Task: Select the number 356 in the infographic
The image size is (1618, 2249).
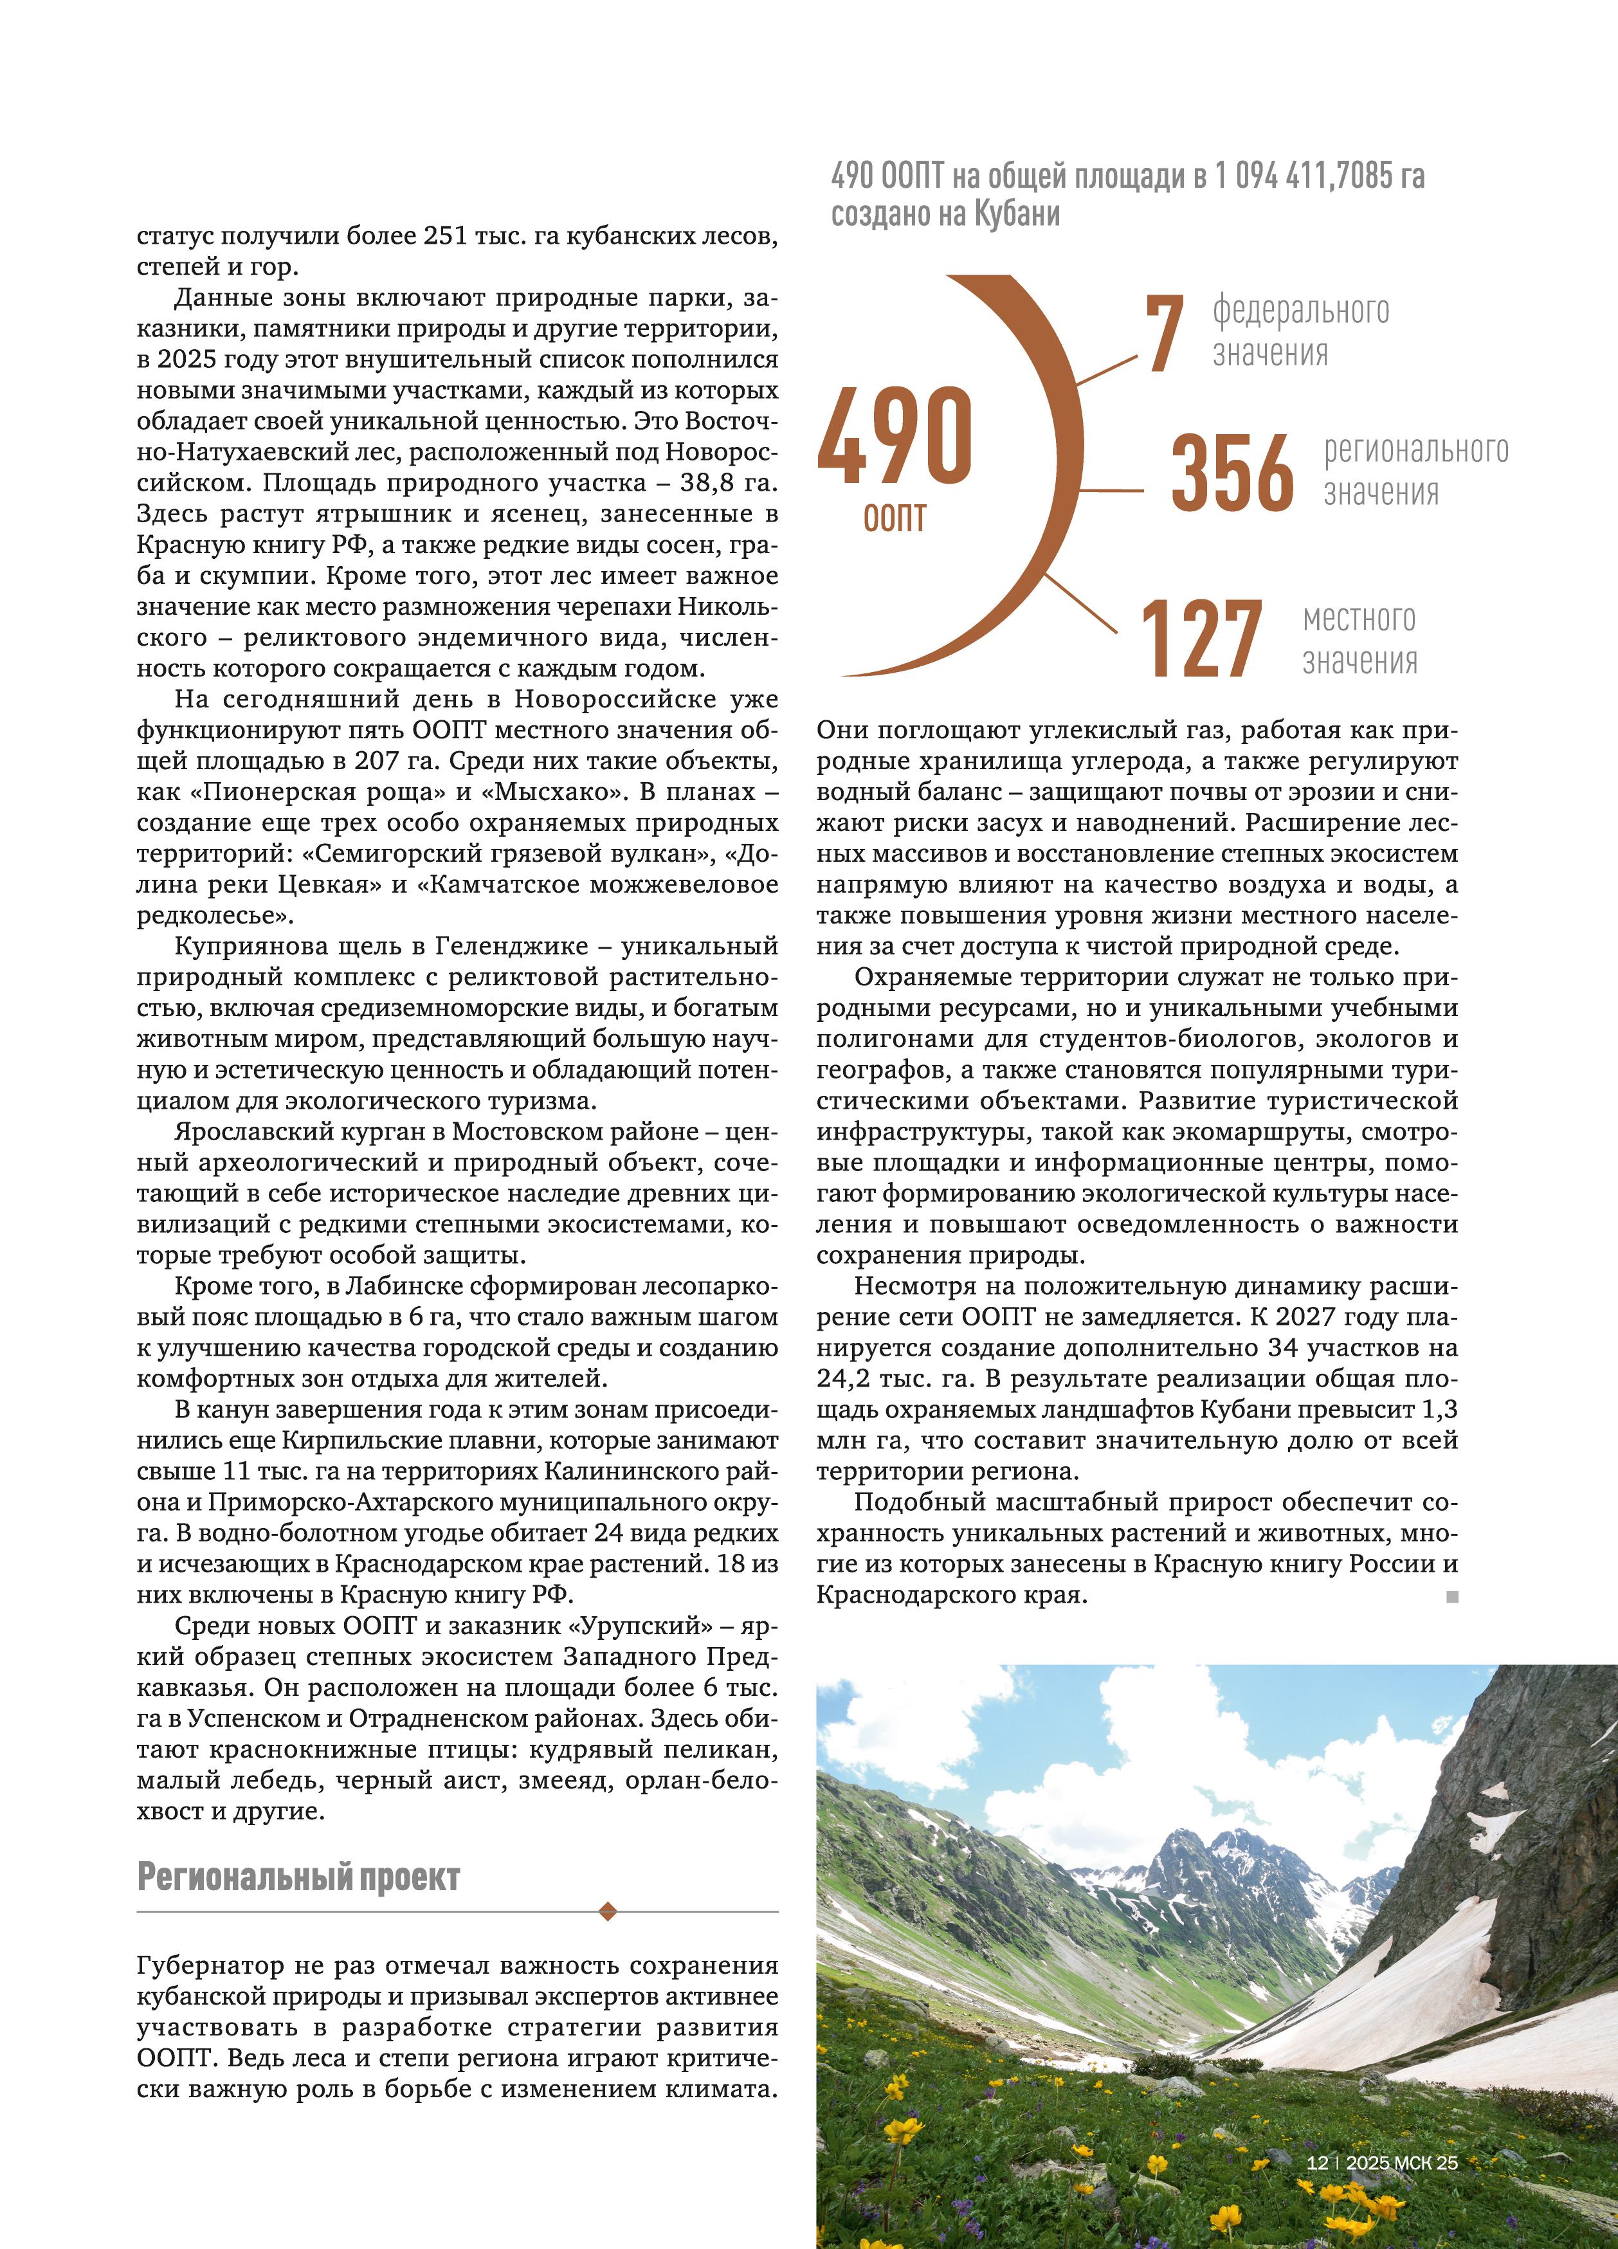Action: point(1232,473)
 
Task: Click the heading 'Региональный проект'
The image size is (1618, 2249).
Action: point(298,1877)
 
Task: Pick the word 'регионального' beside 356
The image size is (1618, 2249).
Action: point(1416,451)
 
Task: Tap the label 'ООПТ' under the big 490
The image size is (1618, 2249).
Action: point(895,518)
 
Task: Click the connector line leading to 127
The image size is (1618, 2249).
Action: point(1080,603)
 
